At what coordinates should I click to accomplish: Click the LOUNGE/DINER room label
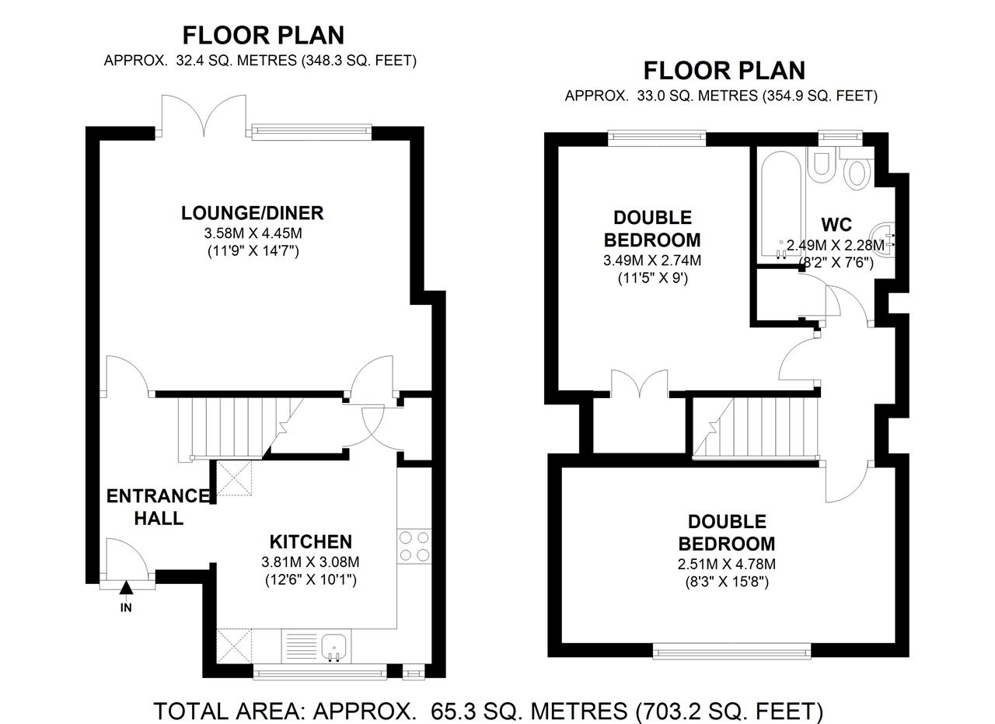(x=253, y=213)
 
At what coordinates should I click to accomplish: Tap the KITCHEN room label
(x=311, y=542)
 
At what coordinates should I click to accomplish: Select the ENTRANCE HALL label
(x=158, y=507)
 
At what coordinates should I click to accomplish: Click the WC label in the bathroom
(x=836, y=225)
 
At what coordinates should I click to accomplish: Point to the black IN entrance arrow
(x=127, y=588)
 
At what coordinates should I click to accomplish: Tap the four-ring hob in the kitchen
(x=414, y=547)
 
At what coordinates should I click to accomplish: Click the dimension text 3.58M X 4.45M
(x=253, y=233)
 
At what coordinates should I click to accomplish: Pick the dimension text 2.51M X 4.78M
(x=727, y=565)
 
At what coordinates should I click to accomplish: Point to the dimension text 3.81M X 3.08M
(x=310, y=562)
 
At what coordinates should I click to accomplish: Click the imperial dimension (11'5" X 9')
(x=653, y=278)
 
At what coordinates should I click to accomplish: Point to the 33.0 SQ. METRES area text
(x=697, y=96)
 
